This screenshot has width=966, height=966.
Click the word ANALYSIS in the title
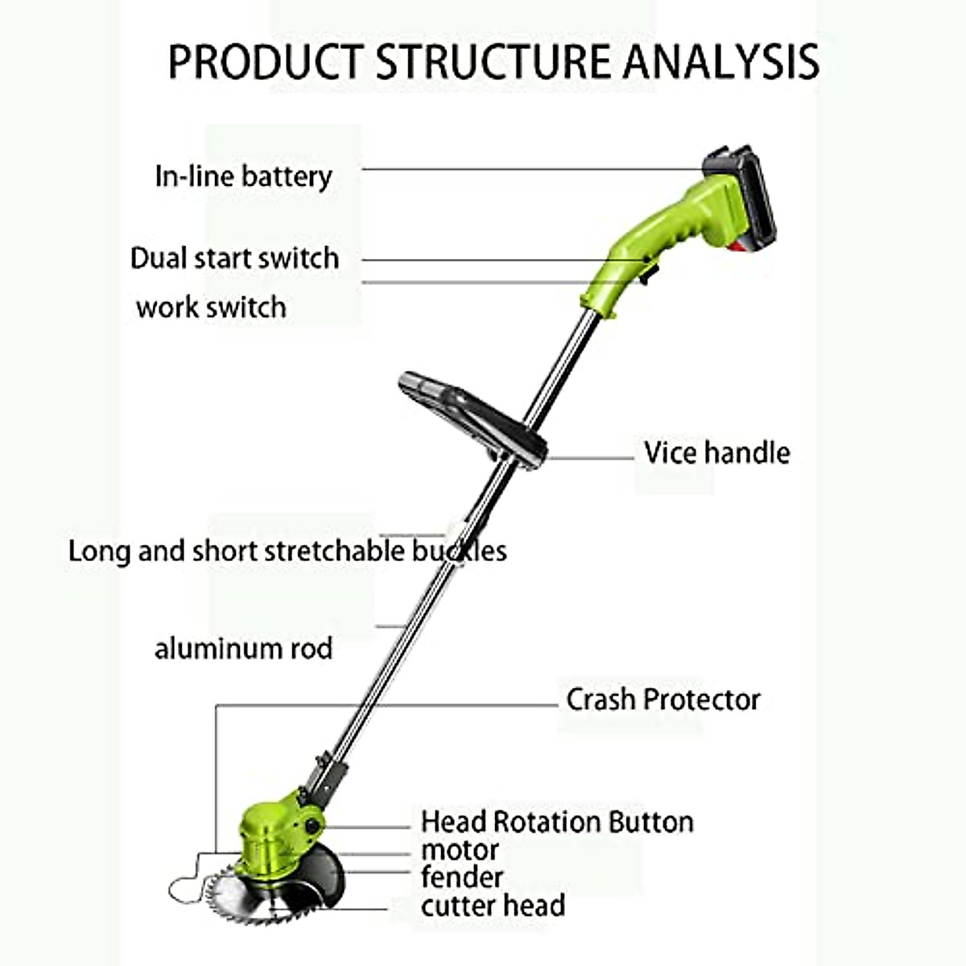coord(721,62)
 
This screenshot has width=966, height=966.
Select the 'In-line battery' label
coord(243,176)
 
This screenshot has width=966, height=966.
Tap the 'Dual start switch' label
coord(234,258)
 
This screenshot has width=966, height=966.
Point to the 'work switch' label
coord(211,308)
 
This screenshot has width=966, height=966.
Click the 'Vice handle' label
coord(716,452)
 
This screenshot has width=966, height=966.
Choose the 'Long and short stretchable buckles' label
coord(287,551)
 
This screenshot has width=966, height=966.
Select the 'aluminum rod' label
coord(243,649)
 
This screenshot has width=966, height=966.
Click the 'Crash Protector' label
coord(663,700)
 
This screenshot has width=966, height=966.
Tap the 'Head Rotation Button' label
coord(556,822)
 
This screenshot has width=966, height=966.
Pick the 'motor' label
coord(460,850)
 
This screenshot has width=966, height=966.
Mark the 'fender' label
coord(461,877)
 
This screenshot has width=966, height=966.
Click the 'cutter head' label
coord(492,906)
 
